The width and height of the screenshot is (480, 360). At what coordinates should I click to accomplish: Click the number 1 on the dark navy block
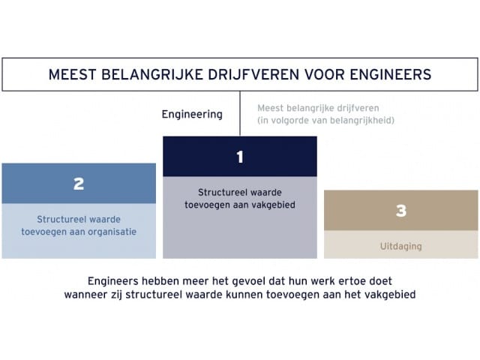tap(240, 157)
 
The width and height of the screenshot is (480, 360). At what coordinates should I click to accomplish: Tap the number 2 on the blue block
tap(79, 184)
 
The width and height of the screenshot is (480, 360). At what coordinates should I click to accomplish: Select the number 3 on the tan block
tap(401, 211)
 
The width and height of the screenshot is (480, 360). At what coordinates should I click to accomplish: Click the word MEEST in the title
tap(73, 75)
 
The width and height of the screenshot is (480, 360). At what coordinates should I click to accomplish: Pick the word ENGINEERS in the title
tap(391, 75)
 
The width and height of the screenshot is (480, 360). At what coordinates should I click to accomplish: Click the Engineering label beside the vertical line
tap(192, 115)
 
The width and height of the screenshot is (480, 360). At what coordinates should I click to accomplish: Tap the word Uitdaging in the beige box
tap(401, 246)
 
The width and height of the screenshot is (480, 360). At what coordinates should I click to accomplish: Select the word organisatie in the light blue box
tap(112, 232)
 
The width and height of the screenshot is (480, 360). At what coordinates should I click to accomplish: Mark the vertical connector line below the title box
tap(240, 113)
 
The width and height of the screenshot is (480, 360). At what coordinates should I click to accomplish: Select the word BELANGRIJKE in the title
tap(152, 75)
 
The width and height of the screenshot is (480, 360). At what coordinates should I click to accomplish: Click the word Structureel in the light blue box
tap(57, 219)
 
